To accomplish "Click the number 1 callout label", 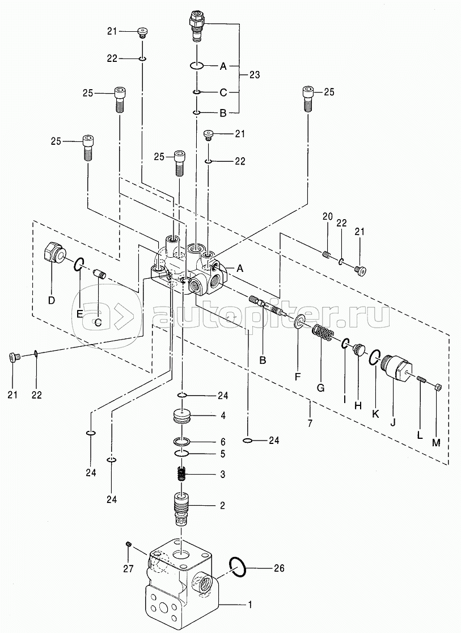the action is click(x=249, y=605).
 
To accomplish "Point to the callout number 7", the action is click(x=310, y=412).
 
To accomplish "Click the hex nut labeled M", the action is click(x=439, y=387).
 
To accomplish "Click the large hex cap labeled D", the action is click(x=54, y=255).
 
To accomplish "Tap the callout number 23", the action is click(x=255, y=75).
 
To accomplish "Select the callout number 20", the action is click(x=327, y=217).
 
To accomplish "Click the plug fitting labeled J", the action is click(x=396, y=367).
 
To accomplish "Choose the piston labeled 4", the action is click(x=182, y=416).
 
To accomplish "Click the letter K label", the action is click(x=375, y=414).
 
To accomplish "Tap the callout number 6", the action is click(x=223, y=442).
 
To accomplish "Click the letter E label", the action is click(x=79, y=314).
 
